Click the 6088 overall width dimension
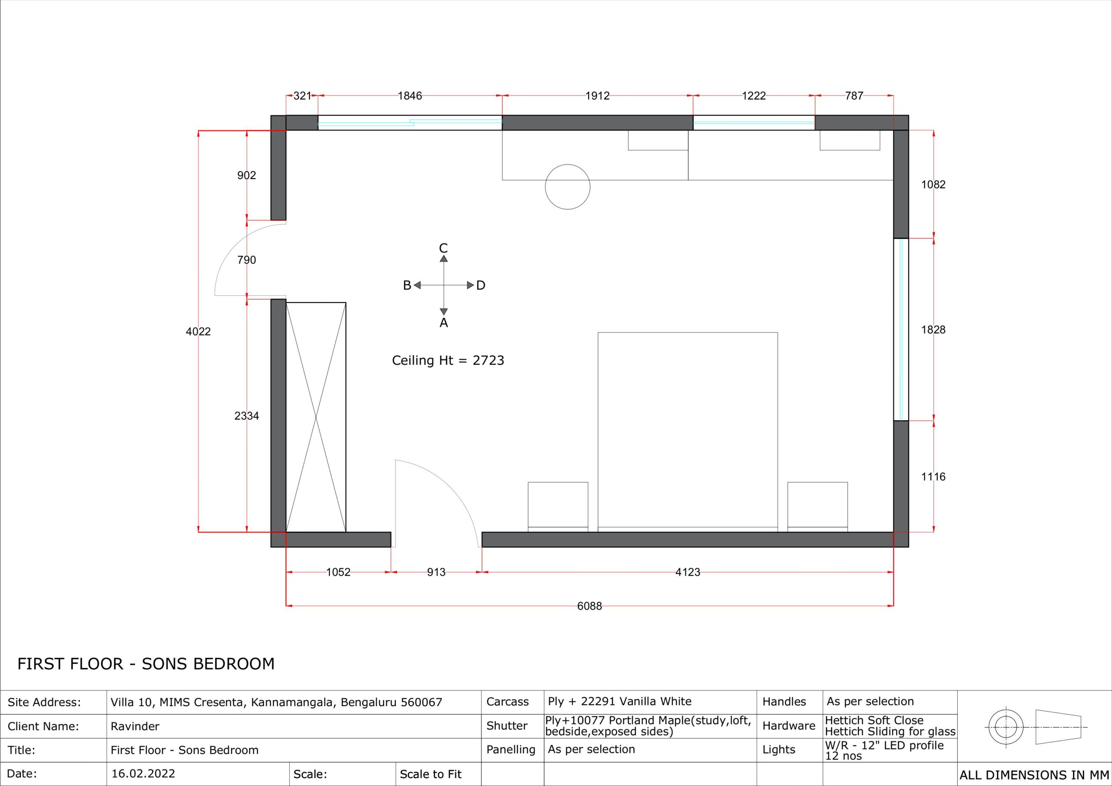[x=589, y=606]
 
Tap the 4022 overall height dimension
[x=198, y=332]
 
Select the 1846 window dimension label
[x=410, y=96]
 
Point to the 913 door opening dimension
[x=436, y=572]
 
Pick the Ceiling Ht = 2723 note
[x=448, y=361]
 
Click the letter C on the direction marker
[x=443, y=248]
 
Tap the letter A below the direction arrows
[x=443, y=323]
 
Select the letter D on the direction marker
[x=480, y=285]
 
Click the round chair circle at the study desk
[x=568, y=164]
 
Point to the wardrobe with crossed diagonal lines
[x=316, y=417]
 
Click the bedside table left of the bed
[x=558, y=507]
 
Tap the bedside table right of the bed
[x=817, y=507]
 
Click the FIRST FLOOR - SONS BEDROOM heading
[x=146, y=664]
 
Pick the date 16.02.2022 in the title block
[x=143, y=774]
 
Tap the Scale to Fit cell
[x=430, y=774]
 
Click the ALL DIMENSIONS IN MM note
[x=1034, y=775]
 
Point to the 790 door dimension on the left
[x=247, y=260]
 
